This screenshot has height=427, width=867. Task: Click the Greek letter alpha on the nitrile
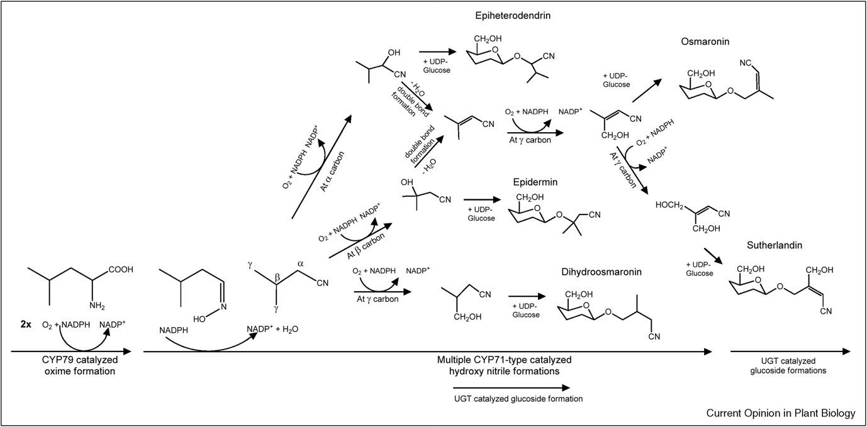point(299,264)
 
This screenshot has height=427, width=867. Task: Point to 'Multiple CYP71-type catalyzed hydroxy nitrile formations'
point(504,365)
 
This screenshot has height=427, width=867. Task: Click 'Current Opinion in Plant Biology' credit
point(780,413)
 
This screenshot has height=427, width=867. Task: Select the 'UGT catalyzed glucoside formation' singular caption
point(518,398)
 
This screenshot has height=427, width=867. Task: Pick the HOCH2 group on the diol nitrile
point(671,205)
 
